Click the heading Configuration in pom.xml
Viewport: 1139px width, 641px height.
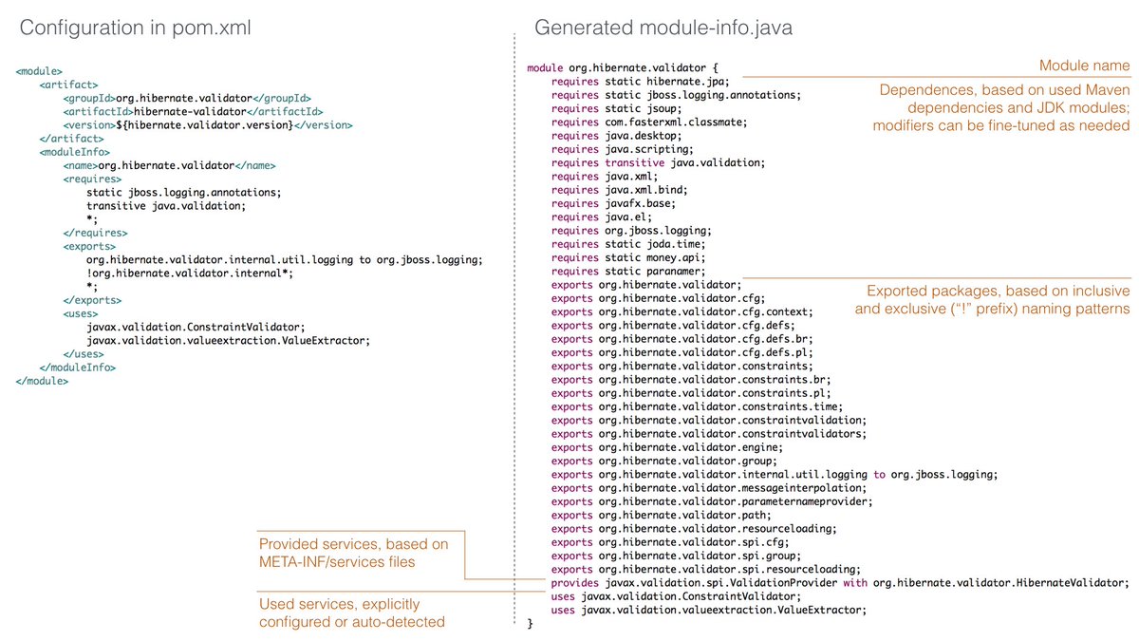[x=136, y=28]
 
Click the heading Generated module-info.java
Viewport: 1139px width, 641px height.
[x=663, y=28]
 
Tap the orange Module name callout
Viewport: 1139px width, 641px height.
[x=1084, y=66]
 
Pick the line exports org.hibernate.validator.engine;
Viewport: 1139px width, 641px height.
[x=666, y=446]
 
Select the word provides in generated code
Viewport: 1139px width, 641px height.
[x=573, y=582]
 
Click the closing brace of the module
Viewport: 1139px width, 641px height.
[x=531, y=623]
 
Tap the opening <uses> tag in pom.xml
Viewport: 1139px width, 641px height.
[x=80, y=312]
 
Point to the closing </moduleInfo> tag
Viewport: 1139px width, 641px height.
[x=75, y=367]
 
